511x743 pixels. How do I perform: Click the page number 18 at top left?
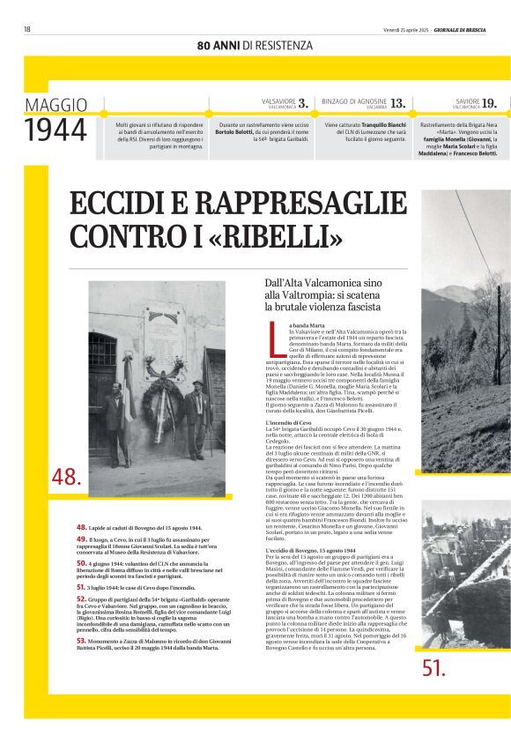click(x=27, y=29)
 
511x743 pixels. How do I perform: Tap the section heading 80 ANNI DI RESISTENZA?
click(x=255, y=45)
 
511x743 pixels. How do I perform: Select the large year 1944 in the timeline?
click(x=56, y=130)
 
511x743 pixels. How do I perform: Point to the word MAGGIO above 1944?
click(x=56, y=105)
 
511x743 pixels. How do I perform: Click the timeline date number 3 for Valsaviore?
click(x=303, y=103)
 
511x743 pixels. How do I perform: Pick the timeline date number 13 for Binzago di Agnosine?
click(x=398, y=103)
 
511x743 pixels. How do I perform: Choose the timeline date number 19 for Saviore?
click(x=489, y=103)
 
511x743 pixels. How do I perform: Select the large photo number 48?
click(x=67, y=478)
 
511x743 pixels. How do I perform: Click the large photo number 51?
click(x=433, y=667)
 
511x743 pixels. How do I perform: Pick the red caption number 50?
click(x=81, y=562)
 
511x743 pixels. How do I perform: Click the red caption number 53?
click(x=81, y=641)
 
